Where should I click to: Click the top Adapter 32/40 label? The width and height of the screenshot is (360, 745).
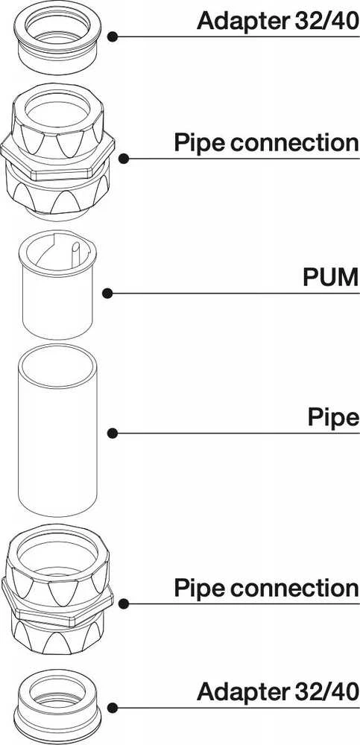point(278,20)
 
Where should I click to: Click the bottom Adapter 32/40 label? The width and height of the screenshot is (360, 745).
point(278,692)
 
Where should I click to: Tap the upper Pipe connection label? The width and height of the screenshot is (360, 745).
point(266,142)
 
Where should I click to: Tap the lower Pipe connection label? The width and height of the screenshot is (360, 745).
point(266,588)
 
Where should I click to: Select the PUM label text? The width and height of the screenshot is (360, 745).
point(330,278)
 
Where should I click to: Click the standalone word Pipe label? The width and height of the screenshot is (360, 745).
point(333,418)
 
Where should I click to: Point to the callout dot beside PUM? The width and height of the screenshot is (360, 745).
point(107,293)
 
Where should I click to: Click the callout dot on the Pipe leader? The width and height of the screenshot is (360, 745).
point(113,433)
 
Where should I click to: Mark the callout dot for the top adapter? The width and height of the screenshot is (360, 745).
point(113,37)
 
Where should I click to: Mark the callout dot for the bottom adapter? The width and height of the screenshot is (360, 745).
point(113,708)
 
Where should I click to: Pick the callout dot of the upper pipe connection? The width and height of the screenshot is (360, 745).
point(124,158)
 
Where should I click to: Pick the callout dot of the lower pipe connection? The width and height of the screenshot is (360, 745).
point(124,604)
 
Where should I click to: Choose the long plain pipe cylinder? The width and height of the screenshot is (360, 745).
point(57,430)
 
